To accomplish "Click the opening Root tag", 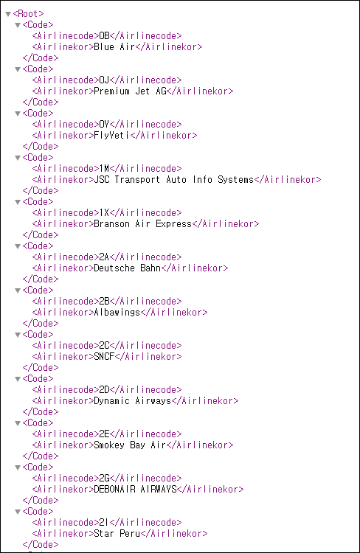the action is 28,14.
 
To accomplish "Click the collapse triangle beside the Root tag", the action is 8,14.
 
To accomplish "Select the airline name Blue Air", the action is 114,47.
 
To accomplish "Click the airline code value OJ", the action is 104,80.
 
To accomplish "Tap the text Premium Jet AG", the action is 130,91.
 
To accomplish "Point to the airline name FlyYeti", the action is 112,136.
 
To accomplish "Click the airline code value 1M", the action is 104,169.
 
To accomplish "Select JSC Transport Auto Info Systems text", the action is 173,179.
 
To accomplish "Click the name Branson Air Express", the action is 142,224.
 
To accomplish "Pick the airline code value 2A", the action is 104,257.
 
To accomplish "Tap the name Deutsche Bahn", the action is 128,268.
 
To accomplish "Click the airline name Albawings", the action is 117,313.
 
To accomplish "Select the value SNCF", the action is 104,357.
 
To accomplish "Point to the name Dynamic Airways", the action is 132,401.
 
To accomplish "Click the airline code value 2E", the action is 104,434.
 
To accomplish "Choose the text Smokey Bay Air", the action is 130,445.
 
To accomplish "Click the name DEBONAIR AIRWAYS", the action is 135,490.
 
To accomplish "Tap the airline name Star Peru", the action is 117,534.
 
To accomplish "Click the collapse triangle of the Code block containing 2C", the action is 18,335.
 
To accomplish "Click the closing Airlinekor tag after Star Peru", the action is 174,534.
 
